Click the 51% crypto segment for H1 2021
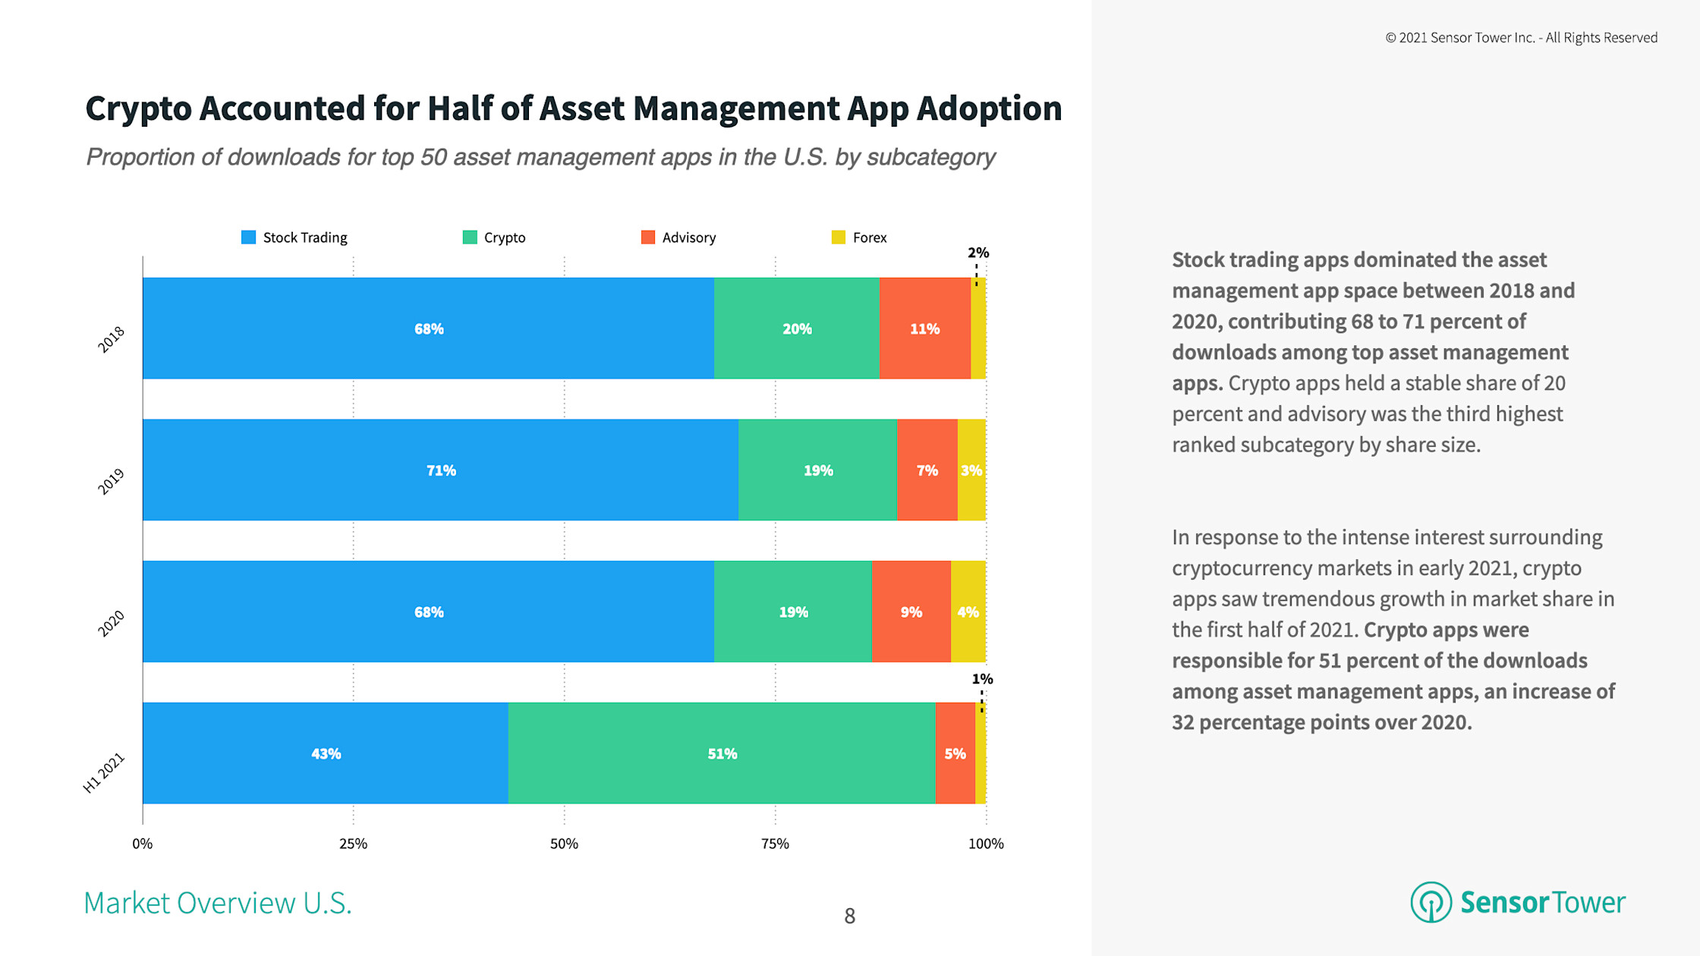(x=721, y=753)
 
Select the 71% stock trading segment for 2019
(x=440, y=470)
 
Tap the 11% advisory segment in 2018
(x=924, y=328)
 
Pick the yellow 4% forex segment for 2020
(x=968, y=612)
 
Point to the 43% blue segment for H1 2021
(x=326, y=753)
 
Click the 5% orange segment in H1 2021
(x=955, y=753)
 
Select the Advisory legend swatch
(x=648, y=237)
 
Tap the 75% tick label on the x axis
(x=775, y=844)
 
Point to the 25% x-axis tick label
(x=353, y=844)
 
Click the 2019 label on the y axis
(x=111, y=481)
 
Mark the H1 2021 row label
(x=103, y=773)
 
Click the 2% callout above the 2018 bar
(x=977, y=253)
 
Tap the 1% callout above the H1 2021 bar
(x=982, y=679)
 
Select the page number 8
(x=849, y=916)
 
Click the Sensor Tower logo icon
(x=1431, y=902)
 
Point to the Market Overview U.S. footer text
(x=218, y=903)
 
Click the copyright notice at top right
(x=1521, y=38)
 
